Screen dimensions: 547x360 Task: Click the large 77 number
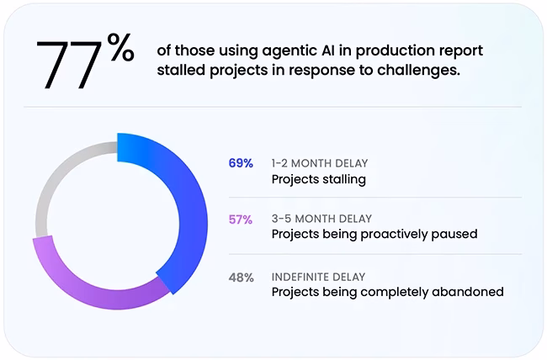point(69,65)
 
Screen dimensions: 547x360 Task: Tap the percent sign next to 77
point(120,47)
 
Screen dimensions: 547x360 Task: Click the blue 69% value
point(241,163)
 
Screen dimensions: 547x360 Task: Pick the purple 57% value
point(241,220)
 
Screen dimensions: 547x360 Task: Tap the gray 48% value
point(241,278)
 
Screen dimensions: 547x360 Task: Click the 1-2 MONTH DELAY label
point(320,163)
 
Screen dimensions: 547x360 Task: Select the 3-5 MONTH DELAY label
point(321,219)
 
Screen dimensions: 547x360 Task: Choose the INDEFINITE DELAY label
point(318,277)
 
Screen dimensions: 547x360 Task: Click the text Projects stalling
point(319,180)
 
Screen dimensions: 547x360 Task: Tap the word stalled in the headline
point(181,71)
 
